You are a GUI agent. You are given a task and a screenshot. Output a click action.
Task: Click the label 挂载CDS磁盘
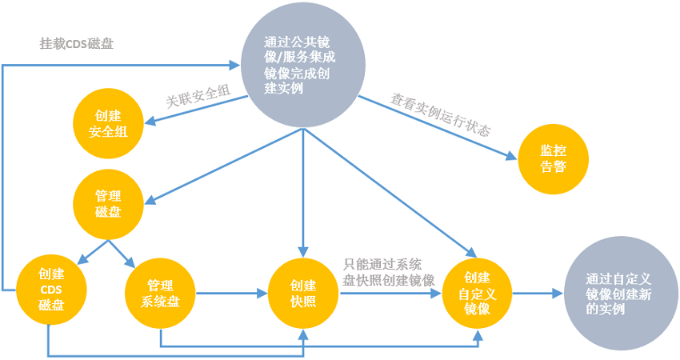coord(77,43)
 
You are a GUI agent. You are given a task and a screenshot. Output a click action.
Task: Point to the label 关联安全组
coord(198,96)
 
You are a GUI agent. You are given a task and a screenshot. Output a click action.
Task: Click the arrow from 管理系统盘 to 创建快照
coord(232,294)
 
